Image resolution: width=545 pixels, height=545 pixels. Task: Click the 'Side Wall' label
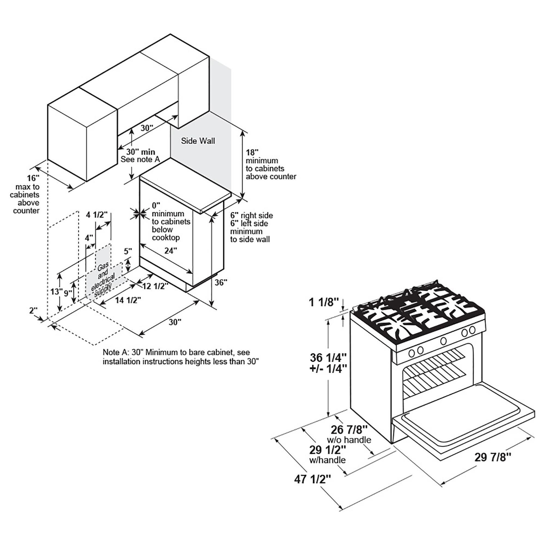coord(198,141)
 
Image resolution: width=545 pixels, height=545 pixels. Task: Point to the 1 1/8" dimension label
coord(323,302)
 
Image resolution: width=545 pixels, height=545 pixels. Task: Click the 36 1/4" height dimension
coord(328,358)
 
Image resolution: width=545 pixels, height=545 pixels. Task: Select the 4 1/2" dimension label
coord(96,215)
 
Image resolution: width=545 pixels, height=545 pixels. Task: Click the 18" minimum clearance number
coord(252,153)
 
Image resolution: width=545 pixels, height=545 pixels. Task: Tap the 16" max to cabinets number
coord(33,178)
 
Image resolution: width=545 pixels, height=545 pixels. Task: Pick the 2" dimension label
coord(33,311)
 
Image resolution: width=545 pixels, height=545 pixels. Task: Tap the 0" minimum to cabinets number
coord(156,205)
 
